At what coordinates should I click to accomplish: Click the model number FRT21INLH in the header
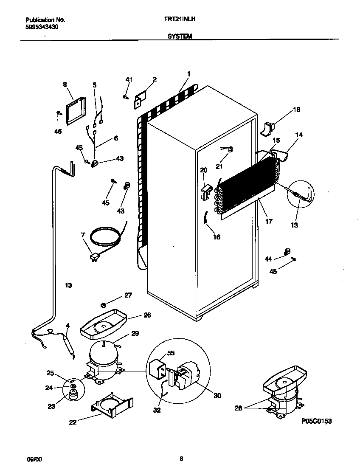[179, 20]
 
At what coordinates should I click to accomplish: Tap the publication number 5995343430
[42, 26]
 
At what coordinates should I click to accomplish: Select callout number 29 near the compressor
[135, 334]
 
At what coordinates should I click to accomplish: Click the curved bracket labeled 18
[269, 129]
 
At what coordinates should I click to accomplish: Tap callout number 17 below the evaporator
[268, 221]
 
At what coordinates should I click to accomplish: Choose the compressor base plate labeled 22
[111, 407]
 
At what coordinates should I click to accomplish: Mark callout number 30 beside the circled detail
[217, 396]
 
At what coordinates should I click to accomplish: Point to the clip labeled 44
[287, 252]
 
